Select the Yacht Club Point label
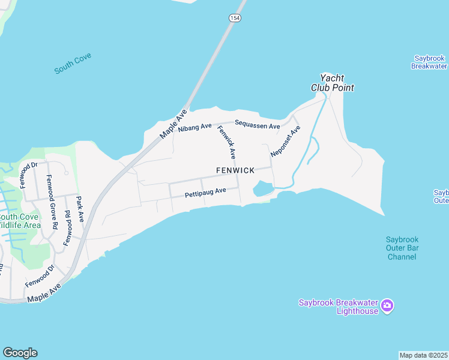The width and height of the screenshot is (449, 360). [332, 83]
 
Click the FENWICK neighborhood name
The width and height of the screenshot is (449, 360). [235, 170]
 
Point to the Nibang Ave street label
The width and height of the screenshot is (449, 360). [195, 127]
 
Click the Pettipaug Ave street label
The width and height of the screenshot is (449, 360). [205, 193]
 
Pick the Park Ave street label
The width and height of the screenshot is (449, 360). [79, 208]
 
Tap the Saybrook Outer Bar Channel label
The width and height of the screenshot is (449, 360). [402, 248]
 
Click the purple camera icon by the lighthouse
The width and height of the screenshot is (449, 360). [387, 306]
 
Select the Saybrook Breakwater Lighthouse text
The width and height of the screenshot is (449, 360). [339, 307]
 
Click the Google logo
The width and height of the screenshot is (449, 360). [20, 353]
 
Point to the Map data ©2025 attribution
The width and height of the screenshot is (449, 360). [424, 355]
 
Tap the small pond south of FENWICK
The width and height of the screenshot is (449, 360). [263, 190]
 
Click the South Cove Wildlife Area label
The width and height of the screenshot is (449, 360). [19, 221]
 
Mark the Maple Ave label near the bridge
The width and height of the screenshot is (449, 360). [174, 125]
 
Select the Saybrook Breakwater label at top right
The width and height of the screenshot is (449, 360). [429, 62]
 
